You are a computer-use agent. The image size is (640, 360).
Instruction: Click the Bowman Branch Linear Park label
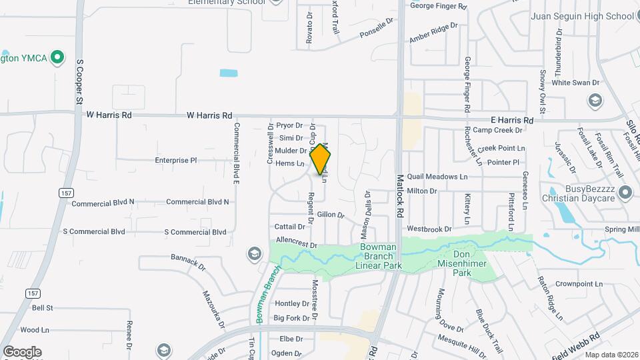[x=378, y=256]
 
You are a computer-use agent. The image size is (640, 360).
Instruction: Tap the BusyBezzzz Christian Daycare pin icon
[x=625, y=193]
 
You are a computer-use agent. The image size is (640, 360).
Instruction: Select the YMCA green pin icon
[x=58, y=57]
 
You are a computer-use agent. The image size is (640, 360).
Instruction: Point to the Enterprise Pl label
[x=176, y=161]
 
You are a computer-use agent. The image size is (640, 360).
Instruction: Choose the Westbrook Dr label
[x=429, y=229]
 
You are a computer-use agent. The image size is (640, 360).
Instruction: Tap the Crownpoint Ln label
[x=579, y=283]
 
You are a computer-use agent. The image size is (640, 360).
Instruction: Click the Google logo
[x=22, y=351]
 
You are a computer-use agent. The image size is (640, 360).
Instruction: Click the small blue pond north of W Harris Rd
[x=228, y=73]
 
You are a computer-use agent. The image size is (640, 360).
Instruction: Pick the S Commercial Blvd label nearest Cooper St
[x=94, y=232]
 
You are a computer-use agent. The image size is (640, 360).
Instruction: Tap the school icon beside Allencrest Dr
[x=254, y=253]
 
